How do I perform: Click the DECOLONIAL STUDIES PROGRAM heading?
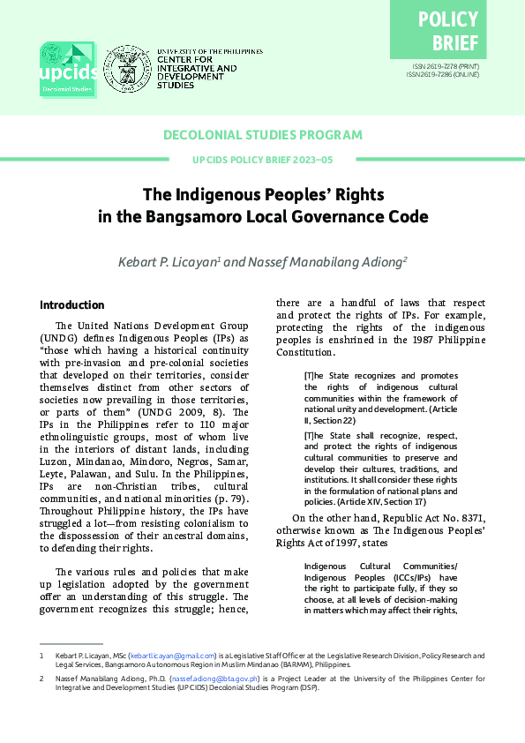[x=263, y=135]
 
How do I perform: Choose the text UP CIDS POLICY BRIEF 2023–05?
[x=263, y=160]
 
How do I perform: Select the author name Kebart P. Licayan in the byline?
[x=169, y=262]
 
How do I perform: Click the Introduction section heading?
[x=72, y=305]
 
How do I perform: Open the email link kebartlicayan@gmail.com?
[x=172, y=657]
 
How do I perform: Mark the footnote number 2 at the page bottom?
[x=41, y=679]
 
